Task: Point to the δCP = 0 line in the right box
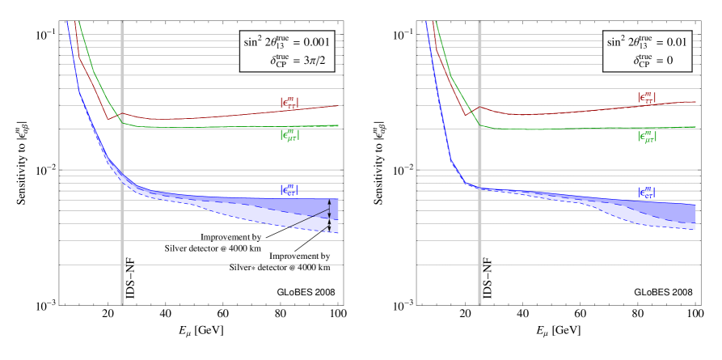[659, 60]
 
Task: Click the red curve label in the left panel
[289, 103]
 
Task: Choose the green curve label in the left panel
[289, 136]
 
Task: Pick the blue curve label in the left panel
[289, 189]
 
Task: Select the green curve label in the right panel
[647, 137]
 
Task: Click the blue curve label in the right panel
[647, 193]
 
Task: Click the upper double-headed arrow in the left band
[329, 214]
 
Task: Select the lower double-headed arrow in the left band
[329, 227]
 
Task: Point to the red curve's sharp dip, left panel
[108, 119]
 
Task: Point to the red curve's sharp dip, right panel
[466, 115]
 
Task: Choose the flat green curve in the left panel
[243, 127]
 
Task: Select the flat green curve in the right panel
[598, 128]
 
